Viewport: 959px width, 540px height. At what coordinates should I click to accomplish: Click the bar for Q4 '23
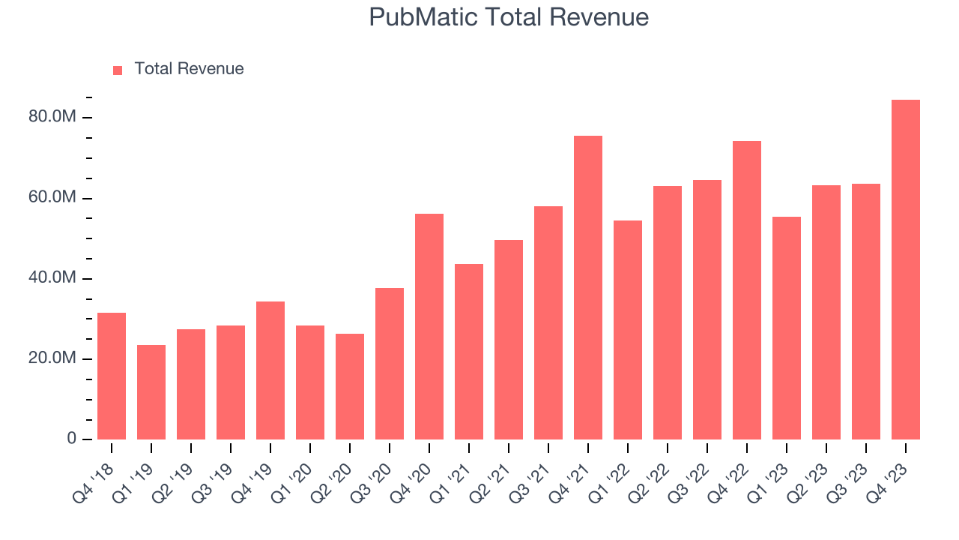906,270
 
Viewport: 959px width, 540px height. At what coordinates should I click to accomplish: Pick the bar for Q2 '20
350,387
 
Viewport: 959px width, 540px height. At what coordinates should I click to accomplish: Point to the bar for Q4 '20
429,327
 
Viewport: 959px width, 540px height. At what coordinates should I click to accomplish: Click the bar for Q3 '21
548,323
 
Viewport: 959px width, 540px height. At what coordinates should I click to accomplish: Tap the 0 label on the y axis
71,439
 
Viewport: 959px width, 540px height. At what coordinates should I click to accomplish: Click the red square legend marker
118,70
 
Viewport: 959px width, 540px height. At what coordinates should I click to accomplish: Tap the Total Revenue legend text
189,69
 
